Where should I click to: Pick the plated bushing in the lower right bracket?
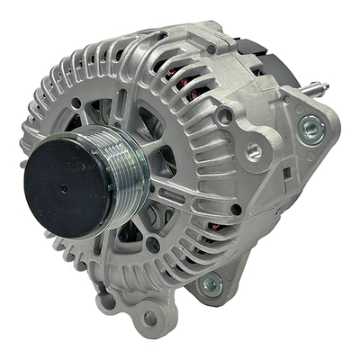pos(211,286)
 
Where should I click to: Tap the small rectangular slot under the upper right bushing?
pos(286,171)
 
